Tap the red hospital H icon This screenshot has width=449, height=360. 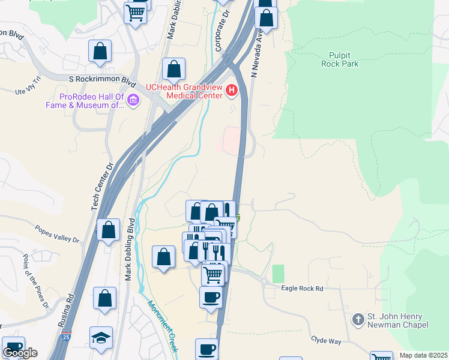[x=232, y=92]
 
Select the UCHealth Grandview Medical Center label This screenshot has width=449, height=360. [x=183, y=91]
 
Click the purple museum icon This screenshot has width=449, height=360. [x=133, y=101]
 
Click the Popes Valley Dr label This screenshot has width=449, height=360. [x=57, y=233]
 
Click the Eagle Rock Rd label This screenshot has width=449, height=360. [x=303, y=289]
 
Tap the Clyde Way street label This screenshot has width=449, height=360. [x=326, y=340]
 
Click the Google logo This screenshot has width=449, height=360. [x=20, y=353]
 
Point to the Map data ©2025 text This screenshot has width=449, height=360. [x=423, y=355]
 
